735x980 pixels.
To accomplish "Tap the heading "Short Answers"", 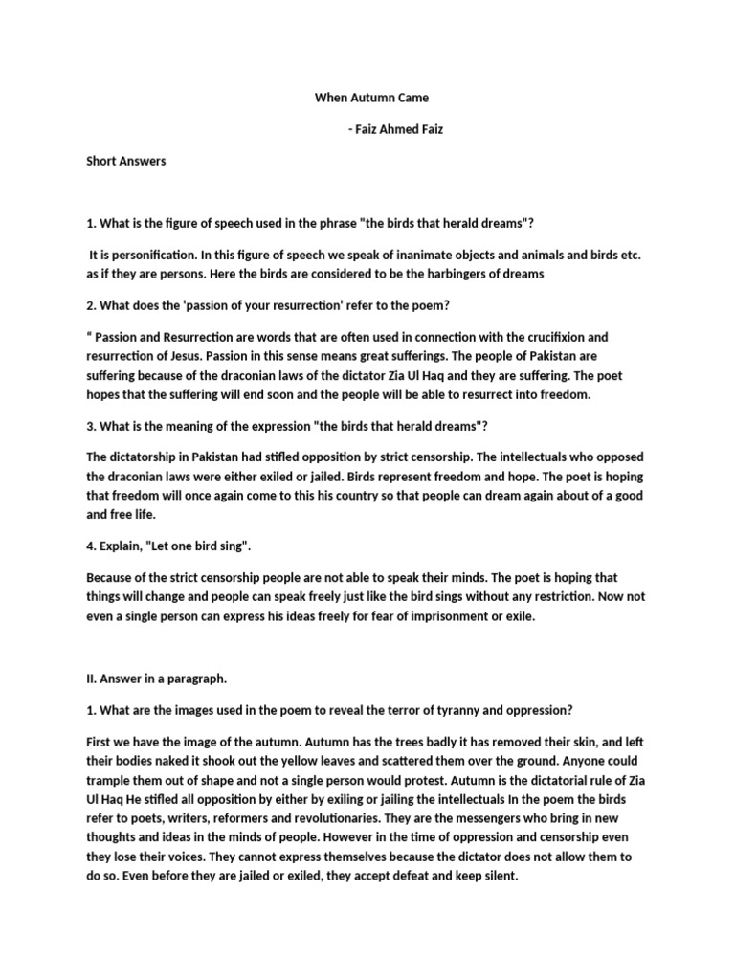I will (x=126, y=161).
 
